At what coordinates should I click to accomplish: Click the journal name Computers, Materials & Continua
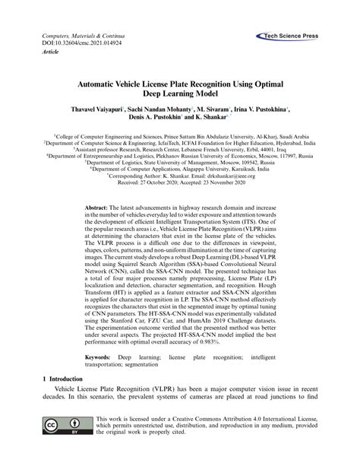[x=73, y=36]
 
